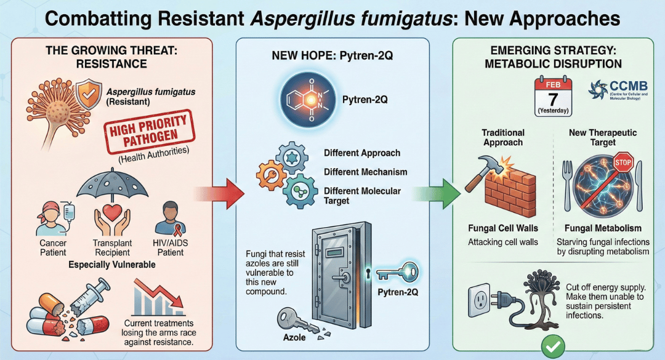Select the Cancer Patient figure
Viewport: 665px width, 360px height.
pyautogui.click(x=52, y=218)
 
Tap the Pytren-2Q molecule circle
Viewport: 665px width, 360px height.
pyautogui.click(x=306, y=98)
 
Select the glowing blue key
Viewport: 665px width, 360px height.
pyautogui.click(x=394, y=271)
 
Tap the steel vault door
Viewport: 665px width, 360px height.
pyautogui.click(x=336, y=271)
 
